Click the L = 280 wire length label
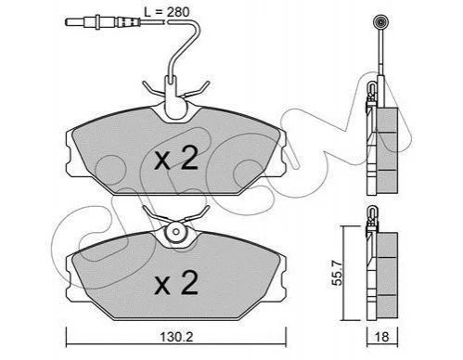point(166,12)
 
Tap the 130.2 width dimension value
point(176,337)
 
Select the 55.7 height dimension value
point(337,273)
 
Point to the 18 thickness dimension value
point(381,337)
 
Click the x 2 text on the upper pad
point(176,159)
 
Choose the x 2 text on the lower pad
point(176,282)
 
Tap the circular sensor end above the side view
point(380,22)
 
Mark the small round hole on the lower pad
point(176,232)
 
